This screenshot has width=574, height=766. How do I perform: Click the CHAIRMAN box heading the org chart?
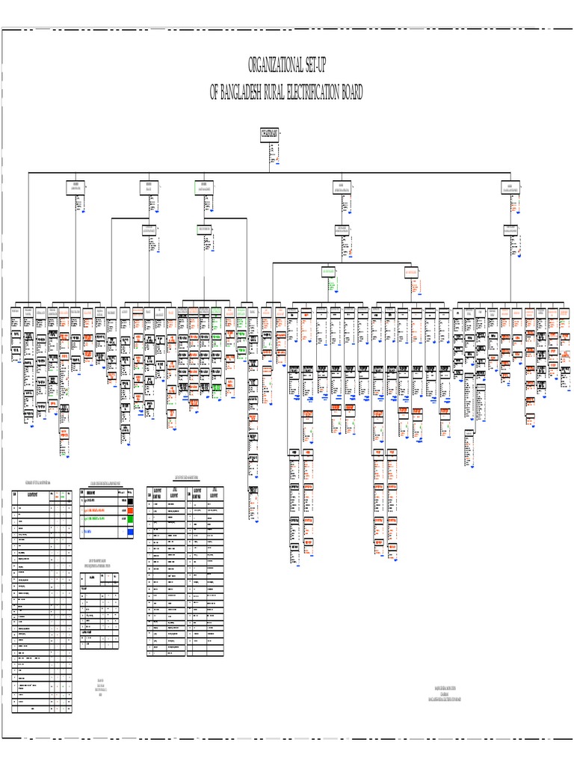click(270, 134)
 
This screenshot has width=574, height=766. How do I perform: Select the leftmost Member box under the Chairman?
click(75, 187)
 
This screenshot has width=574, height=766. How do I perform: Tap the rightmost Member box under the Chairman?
click(510, 187)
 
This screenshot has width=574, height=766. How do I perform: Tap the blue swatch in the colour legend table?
click(129, 531)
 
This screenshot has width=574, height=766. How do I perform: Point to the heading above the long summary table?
click(42, 483)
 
